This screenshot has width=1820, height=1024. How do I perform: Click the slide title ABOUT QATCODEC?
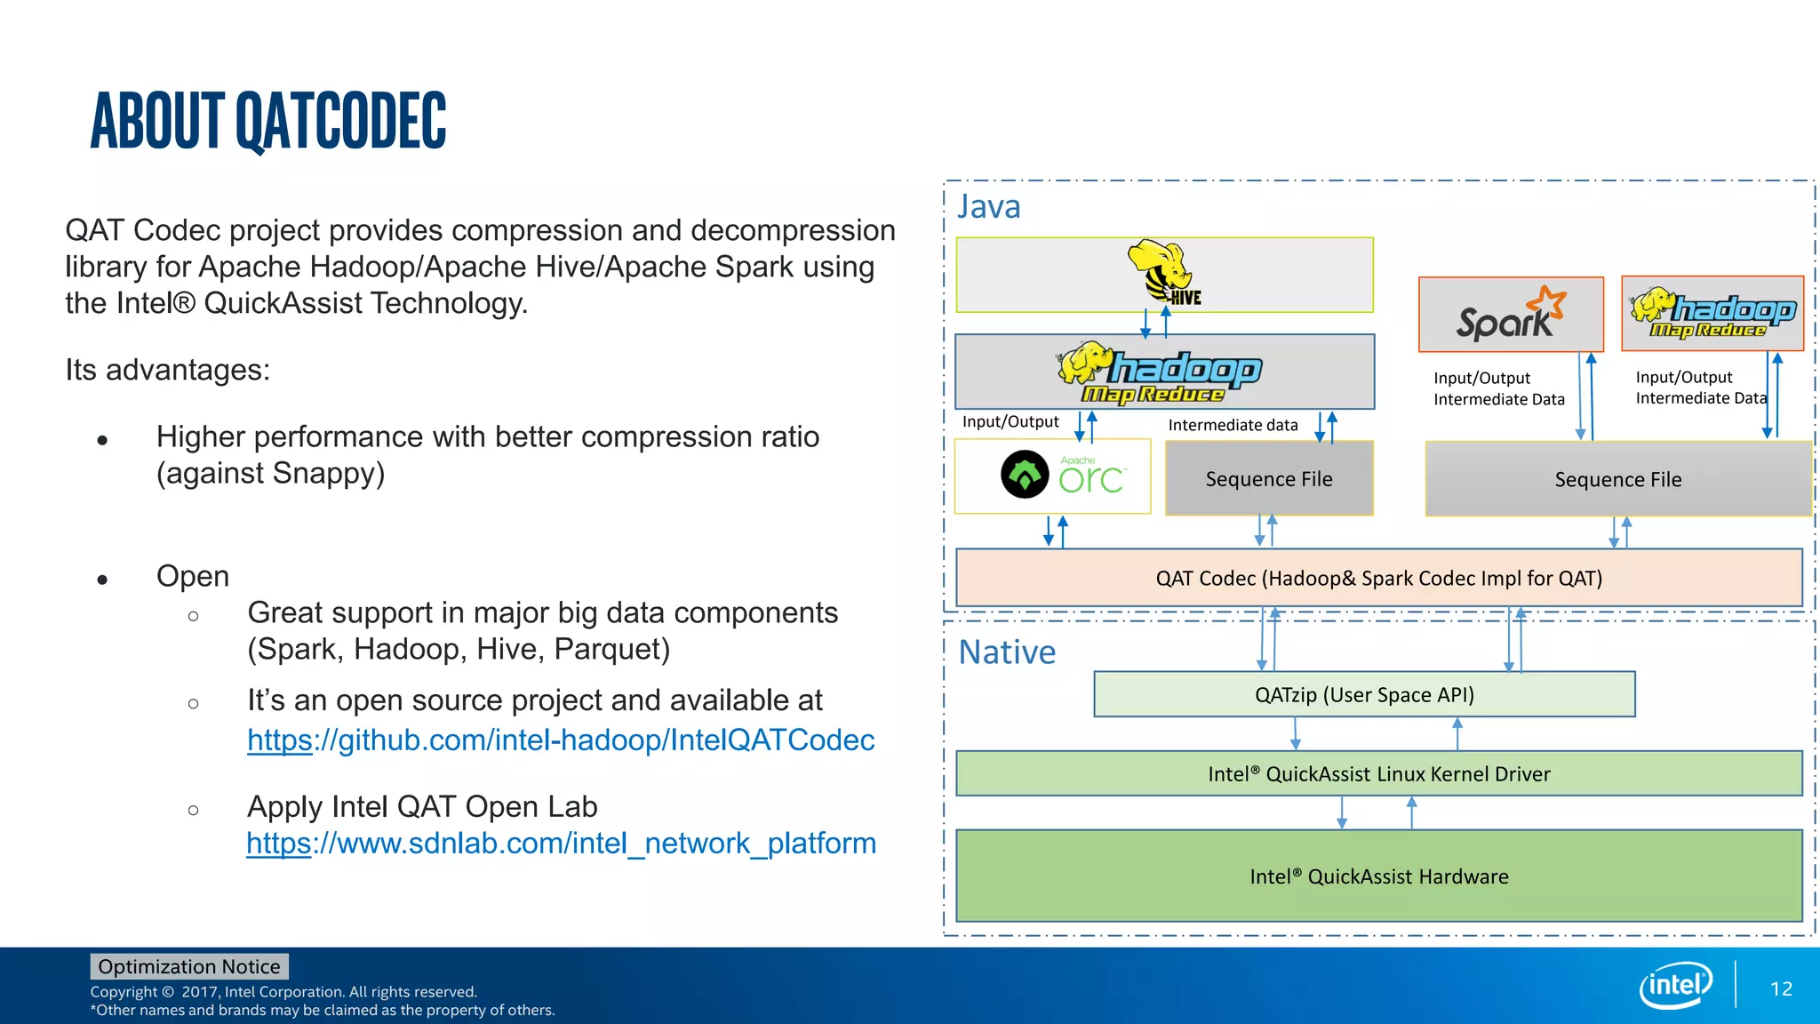click(x=268, y=121)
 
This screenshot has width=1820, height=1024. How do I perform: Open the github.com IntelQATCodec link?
click(x=561, y=740)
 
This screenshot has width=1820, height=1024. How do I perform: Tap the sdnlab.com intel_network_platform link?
click(x=561, y=844)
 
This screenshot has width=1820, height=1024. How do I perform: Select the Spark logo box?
click(x=1511, y=315)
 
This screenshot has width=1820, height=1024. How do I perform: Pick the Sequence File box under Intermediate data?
click(x=1269, y=479)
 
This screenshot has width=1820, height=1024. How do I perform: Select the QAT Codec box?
click(x=1378, y=579)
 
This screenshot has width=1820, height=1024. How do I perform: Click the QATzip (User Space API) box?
click(x=1364, y=695)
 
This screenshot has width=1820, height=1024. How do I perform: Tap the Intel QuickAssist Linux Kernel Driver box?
click(x=1378, y=774)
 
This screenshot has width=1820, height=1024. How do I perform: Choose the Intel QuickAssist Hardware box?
click(x=1378, y=876)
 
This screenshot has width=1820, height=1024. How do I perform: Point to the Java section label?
click(x=988, y=207)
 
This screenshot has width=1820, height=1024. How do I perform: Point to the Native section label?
click(x=1007, y=652)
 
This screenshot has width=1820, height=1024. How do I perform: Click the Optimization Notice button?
click(x=189, y=966)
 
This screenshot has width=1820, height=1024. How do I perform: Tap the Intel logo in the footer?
click(x=1675, y=985)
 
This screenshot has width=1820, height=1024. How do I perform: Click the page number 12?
click(x=1781, y=989)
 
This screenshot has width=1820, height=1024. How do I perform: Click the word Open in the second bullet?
click(x=193, y=577)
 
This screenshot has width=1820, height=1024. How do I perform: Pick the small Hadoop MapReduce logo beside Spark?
click(x=1712, y=314)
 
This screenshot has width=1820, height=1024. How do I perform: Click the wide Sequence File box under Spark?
click(x=1617, y=480)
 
